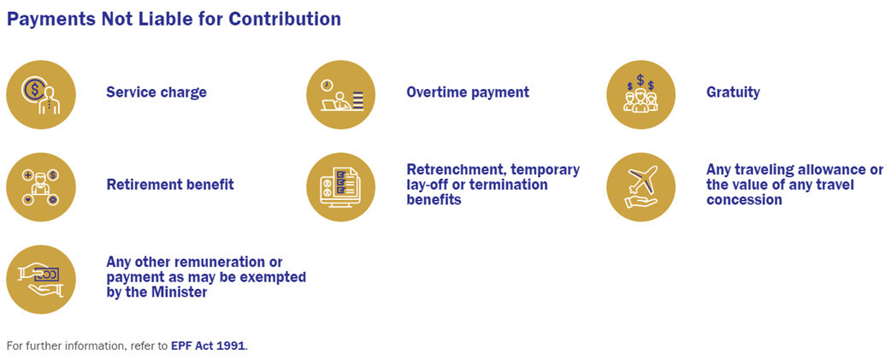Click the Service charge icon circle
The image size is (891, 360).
(41, 94)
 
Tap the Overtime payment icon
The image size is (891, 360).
(341, 94)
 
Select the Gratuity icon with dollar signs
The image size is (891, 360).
(641, 94)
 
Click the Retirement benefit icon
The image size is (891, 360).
(41, 186)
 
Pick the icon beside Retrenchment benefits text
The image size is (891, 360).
(341, 186)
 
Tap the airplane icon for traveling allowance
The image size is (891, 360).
(641, 186)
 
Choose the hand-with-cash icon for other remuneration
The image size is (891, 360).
(41, 279)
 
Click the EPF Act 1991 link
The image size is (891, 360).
(208, 345)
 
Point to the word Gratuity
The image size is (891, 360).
(733, 92)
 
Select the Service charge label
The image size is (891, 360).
(156, 92)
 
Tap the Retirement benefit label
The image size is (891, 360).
(170, 185)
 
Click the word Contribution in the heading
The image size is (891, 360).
(285, 19)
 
